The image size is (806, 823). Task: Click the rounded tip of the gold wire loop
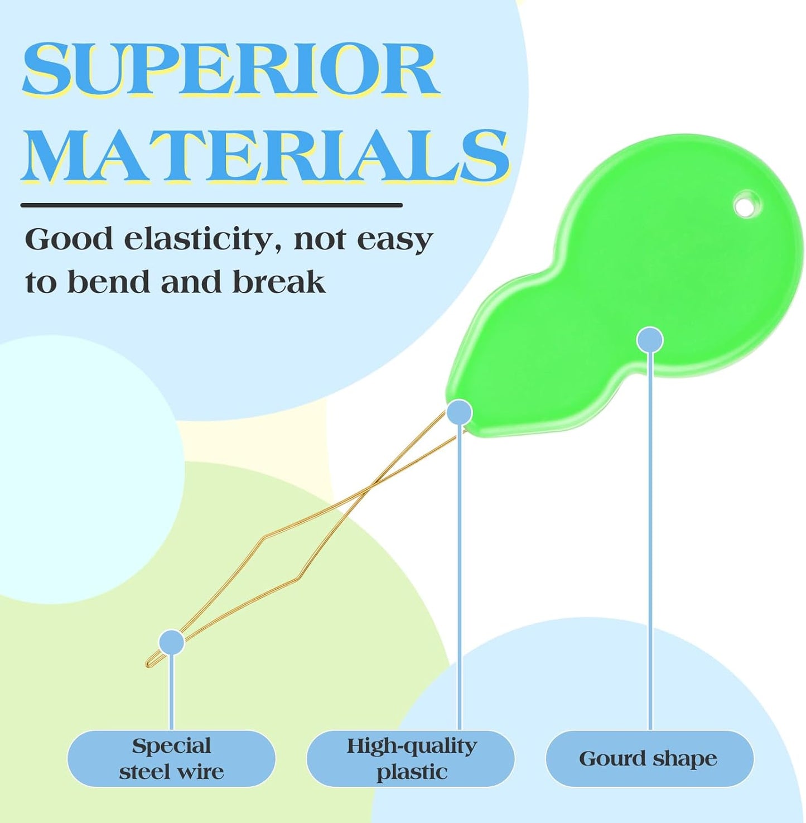147,664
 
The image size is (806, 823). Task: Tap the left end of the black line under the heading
22,205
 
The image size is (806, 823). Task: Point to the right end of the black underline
401,205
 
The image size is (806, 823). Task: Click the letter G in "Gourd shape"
588,758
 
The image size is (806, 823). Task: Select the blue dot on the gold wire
171,643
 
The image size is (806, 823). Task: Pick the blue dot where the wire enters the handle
459,413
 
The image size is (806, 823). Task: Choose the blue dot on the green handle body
650,340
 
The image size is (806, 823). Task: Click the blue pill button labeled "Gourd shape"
649,758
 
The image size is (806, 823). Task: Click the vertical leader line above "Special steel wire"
171,692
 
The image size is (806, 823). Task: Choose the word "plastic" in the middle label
412,773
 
